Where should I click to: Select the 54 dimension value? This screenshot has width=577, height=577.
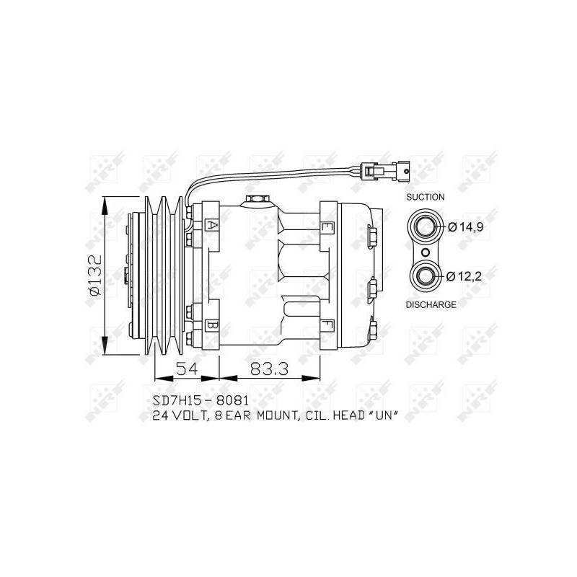tap(187, 369)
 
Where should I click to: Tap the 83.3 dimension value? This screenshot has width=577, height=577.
tap(269, 369)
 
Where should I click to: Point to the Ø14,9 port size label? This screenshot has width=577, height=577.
tap(465, 227)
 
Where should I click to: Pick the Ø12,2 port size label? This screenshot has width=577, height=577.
tap(464, 276)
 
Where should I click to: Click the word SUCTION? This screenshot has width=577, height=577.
tap(425, 197)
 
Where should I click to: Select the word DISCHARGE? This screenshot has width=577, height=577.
tap(431, 304)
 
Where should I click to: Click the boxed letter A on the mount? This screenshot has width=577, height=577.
tap(211, 225)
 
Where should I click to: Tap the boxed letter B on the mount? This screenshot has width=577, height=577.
tap(211, 326)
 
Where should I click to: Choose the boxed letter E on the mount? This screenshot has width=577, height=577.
tap(327, 226)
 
